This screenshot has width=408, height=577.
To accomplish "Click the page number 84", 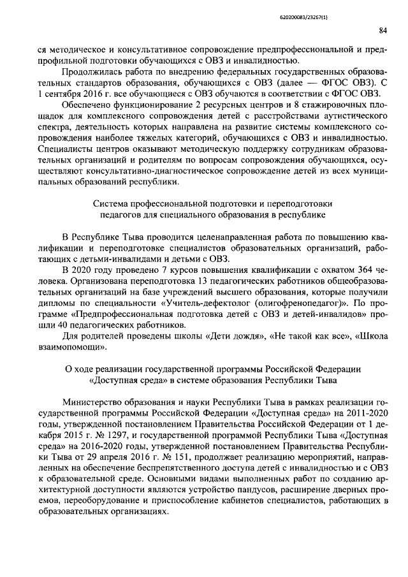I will [x=382, y=30].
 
